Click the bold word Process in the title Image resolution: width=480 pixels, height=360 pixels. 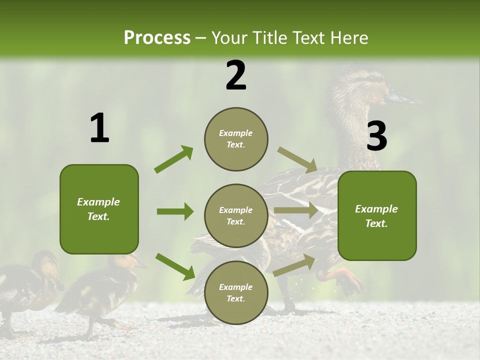pyautogui.click(x=157, y=37)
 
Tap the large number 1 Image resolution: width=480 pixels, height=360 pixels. pyautogui.click(x=99, y=128)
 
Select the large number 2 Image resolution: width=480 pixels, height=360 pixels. pyautogui.click(x=236, y=75)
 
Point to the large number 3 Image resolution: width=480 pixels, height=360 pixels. pyautogui.click(x=376, y=136)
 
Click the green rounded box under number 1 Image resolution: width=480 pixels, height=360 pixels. pyautogui.click(x=99, y=209)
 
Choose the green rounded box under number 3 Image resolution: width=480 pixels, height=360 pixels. pyautogui.click(x=377, y=215)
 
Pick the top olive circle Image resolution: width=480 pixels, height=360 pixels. pyautogui.click(x=236, y=139)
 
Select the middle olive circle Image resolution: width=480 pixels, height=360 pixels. pyautogui.click(x=236, y=215)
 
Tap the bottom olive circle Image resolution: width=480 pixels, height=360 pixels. pyautogui.click(x=236, y=292)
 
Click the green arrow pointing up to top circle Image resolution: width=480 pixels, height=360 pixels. pyautogui.click(x=174, y=159)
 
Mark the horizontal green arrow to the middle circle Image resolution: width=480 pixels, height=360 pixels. pyautogui.click(x=175, y=211)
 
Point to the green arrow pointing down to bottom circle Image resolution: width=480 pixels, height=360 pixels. pyautogui.click(x=175, y=266)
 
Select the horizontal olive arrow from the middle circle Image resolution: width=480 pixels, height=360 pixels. pyautogui.click(x=296, y=210)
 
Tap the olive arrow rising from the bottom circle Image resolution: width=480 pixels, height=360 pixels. pyautogui.click(x=294, y=265)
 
